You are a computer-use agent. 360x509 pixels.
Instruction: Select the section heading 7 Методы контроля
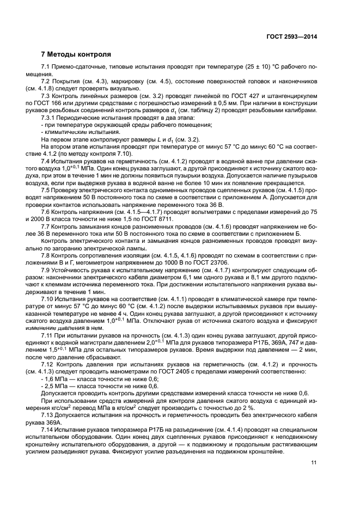(x=76, y=54)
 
